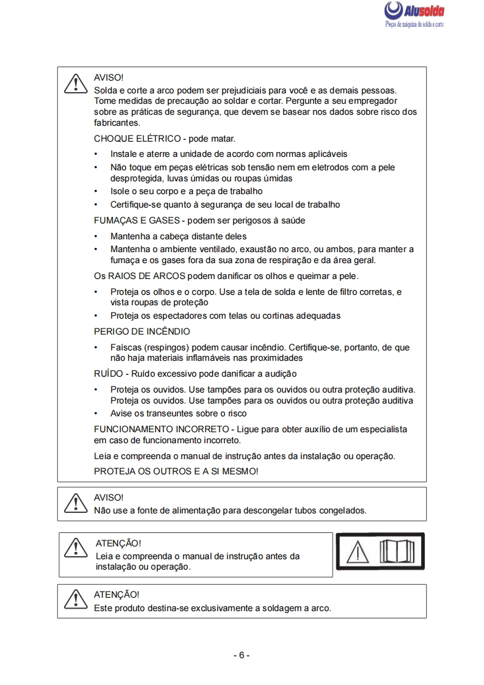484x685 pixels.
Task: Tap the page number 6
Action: (242, 655)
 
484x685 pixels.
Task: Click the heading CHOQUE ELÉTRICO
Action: (137, 139)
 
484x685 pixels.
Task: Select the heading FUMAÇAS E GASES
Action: (137, 220)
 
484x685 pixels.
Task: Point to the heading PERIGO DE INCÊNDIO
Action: (142, 332)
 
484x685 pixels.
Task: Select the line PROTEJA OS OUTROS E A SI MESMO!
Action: (176, 471)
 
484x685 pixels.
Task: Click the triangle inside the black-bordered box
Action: (358, 553)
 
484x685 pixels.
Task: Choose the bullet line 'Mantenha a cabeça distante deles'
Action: (178, 236)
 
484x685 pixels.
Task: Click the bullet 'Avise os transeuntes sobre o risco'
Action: (178, 413)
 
